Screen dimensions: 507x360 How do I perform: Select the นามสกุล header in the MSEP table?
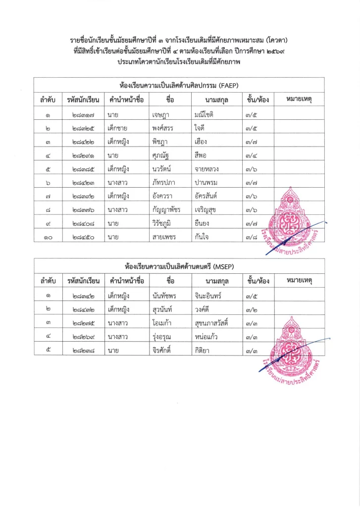tap(216, 281)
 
